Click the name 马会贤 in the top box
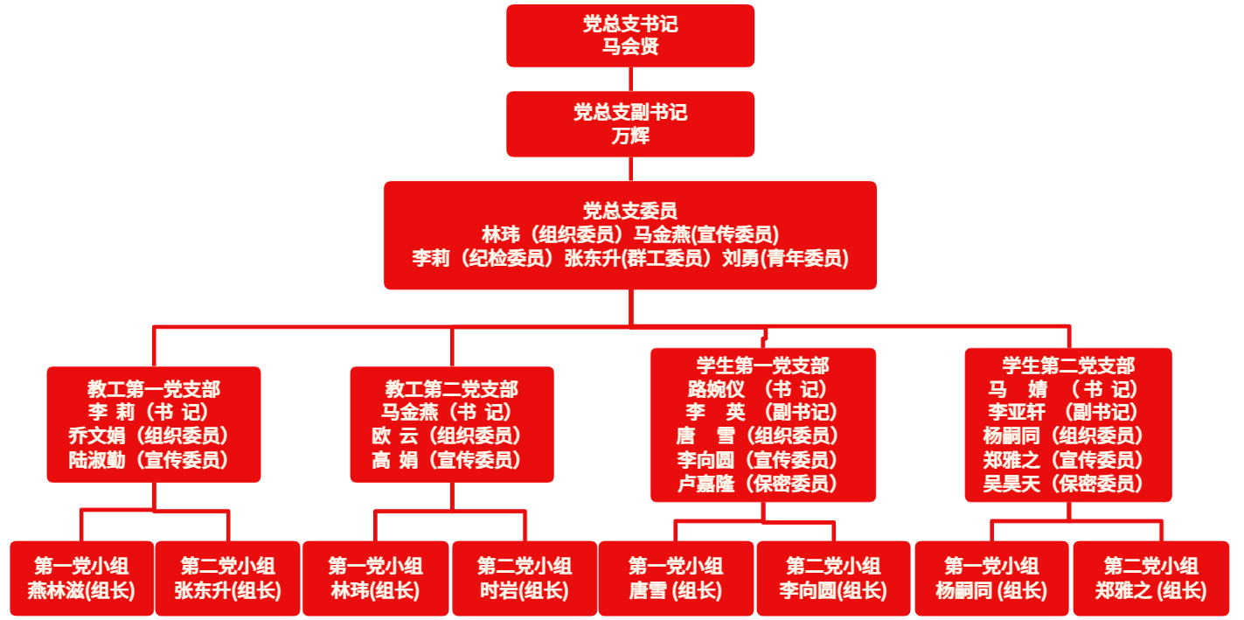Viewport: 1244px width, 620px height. (629, 47)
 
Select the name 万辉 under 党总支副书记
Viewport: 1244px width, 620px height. (629, 136)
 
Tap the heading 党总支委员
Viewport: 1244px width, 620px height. (629, 211)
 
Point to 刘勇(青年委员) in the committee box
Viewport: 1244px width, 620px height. (785, 258)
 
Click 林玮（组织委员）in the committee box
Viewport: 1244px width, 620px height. (553, 234)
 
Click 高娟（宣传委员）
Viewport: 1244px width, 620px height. (447, 460)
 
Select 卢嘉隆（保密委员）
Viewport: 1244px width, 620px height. (757, 484)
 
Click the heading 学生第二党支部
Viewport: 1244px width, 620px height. (1068, 366)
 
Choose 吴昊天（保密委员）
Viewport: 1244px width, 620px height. (1064, 484)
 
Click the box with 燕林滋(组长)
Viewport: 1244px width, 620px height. (81, 578)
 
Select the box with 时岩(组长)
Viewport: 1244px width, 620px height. (525, 578)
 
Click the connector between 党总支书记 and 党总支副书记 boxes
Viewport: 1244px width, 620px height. (630, 79)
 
